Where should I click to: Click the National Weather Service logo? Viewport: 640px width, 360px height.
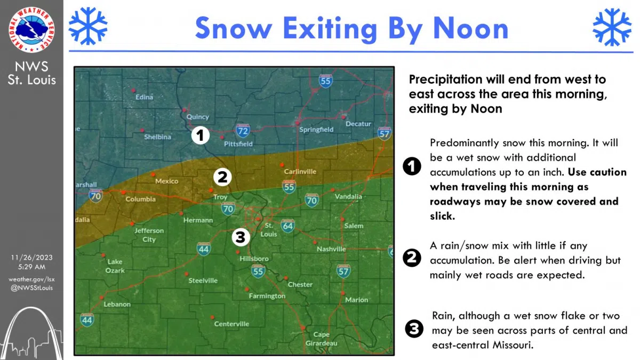(x=31, y=30)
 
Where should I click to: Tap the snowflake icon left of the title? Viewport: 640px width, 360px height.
(x=88, y=26)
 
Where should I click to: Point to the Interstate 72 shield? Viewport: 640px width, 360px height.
(x=243, y=130)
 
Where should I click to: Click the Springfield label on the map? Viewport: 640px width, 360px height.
(x=316, y=130)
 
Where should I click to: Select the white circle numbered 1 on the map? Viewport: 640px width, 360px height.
(x=200, y=135)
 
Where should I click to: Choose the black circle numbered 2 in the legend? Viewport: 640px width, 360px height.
(x=411, y=258)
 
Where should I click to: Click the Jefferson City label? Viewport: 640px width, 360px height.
(x=149, y=235)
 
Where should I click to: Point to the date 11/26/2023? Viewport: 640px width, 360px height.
(x=31, y=257)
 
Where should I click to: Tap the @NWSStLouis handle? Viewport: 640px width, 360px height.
(x=31, y=288)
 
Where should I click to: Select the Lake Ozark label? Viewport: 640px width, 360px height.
(x=116, y=266)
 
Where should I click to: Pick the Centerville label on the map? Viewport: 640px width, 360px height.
(x=231, y=324)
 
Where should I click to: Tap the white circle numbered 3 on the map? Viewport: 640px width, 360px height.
(x=241, y=237)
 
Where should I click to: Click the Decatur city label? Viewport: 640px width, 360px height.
(x=358, y=124)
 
